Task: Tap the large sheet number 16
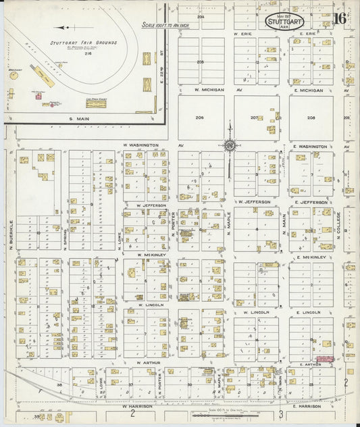(x=340, y=18)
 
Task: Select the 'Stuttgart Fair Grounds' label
(x=83, y=43)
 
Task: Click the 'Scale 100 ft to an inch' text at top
(x=164, y=25)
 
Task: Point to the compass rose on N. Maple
(x=230, y=145)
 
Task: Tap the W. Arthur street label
(x=147, y=362)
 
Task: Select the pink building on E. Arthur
(x=325, y=359)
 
